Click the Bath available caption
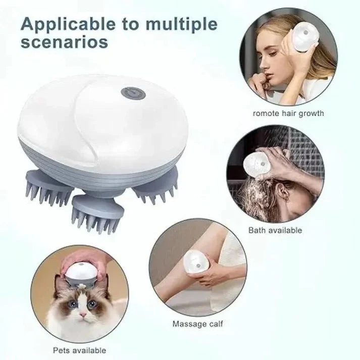[x=275, y=230]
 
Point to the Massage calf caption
[x=197, y=323]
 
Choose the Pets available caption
[x=79, y=350]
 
